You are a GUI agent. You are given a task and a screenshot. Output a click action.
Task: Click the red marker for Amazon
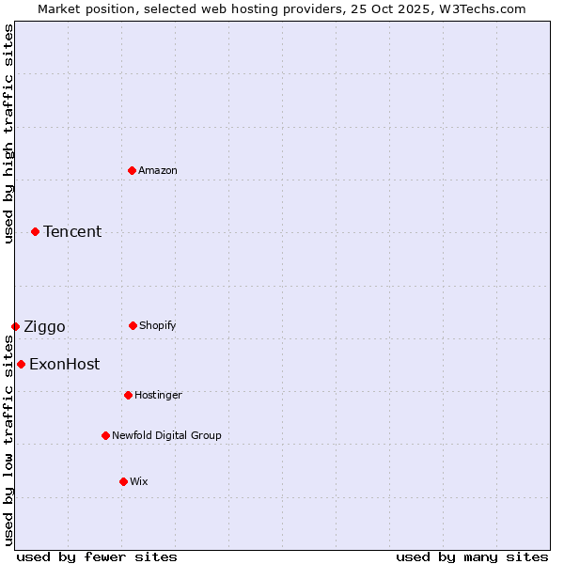point(132,170)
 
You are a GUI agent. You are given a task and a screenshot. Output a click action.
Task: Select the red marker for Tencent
point(35,231)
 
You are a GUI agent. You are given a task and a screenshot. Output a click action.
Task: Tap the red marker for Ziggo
point(15,326)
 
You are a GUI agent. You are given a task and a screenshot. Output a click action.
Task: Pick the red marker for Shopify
point(133,325)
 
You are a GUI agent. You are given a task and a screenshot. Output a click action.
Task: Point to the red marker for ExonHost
point(21,364)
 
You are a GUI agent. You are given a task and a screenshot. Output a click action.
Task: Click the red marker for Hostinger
point(128,395)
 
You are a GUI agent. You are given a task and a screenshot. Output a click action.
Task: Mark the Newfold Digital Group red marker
point(105,435)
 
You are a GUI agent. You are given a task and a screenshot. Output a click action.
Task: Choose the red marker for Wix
point(123,481)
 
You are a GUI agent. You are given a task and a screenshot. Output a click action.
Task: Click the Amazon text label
point(158,170)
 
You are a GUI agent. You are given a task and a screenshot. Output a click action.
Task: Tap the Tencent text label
point(72,231)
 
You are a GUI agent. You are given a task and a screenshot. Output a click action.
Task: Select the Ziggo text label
point(44,326)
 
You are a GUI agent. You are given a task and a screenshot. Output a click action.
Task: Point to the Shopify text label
point(158,325)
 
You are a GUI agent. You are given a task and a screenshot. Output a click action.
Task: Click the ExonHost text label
point(64,364)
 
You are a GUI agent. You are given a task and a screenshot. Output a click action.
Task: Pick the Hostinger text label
point(158,395)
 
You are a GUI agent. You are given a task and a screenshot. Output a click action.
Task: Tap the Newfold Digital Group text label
point(166,435)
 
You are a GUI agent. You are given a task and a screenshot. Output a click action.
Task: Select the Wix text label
point(139,481)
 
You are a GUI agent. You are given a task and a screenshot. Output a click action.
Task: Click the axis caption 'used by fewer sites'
point(97,556)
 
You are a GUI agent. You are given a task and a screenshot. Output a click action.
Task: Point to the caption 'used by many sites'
point(472,556)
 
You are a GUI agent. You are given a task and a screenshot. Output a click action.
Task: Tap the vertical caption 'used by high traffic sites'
point(8,133)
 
